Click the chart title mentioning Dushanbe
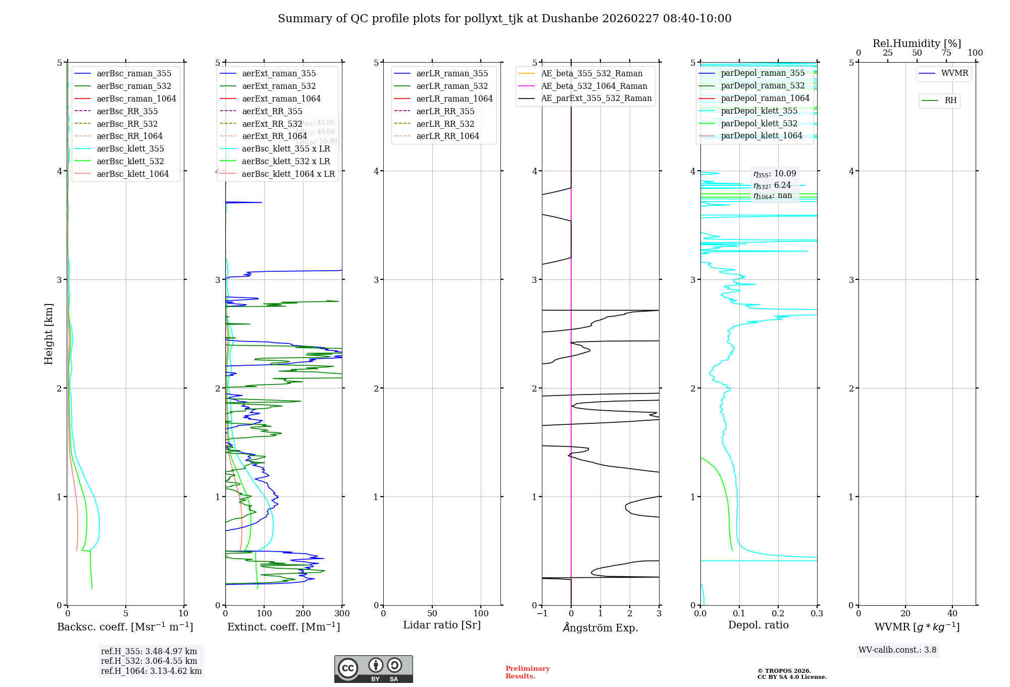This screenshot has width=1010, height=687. coord(504,19)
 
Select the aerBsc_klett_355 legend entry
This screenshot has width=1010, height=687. coord(130,149)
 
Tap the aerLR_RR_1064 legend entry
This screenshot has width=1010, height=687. coord(447,136)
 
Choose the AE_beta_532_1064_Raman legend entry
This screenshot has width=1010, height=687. coord(594,86)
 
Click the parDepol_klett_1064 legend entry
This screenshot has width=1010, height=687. coord(761,135)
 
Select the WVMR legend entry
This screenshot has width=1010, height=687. coord(954,73)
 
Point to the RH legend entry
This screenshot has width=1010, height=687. coord(950,101)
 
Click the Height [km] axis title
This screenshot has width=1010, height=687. coord(48,333)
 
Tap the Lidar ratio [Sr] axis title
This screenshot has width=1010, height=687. coord(442,625)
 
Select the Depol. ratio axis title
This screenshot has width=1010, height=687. coord(758,625)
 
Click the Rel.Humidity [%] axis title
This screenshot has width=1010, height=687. coord(917,43)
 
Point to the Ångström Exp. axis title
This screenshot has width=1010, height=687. coord(600,627)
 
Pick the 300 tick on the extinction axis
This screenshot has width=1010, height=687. coord(342,614)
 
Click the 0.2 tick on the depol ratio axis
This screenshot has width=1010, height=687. coord(778,614)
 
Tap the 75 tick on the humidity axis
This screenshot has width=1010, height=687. coord(946,53)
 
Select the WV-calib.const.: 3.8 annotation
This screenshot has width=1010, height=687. coord(897,650)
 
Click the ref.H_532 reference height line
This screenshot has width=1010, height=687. coord(149,661)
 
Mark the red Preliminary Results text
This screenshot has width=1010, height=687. coord(527,672)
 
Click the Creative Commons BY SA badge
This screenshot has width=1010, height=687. coord(373,669)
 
